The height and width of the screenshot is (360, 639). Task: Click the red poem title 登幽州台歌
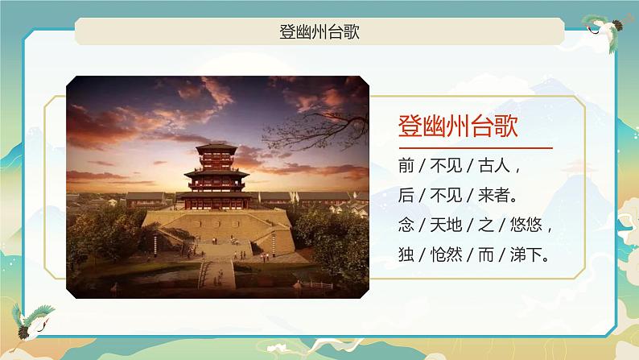[457, 126]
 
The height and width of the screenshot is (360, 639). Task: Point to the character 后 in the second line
[405, 196]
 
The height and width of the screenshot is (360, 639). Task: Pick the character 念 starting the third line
[405, 225]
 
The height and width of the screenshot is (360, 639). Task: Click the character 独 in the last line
[405, 254]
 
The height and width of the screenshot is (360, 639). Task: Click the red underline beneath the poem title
[475, 148]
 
